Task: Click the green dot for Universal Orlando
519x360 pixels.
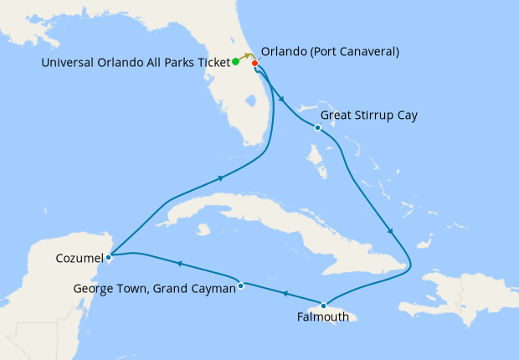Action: click(236, 61)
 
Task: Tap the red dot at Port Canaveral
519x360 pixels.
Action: click(254, 63)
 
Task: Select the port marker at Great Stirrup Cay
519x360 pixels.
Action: click(317, 127)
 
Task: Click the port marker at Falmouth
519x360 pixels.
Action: click(322, 304)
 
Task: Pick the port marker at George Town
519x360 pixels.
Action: click(241, 285)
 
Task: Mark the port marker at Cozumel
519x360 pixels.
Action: click(109, 256)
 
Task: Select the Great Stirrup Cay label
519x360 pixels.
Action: click(370, 115)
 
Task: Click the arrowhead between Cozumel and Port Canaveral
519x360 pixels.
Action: click(221, 177)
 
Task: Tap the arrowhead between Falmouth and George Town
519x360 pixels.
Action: click(282, 294)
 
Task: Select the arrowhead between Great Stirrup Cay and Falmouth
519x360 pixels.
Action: click(391, 231)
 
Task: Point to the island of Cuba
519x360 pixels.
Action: click(251, 213)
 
